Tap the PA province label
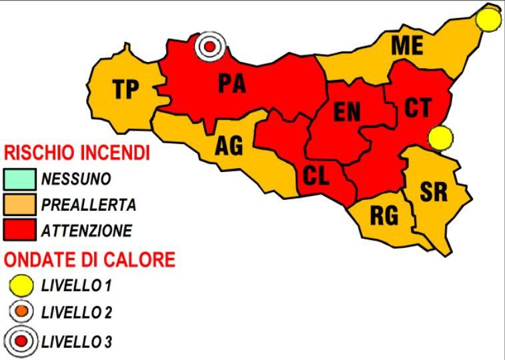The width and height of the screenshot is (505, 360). tap(232, 83)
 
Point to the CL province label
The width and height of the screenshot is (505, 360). tap(316, 176)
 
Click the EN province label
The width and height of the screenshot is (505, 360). tap(347, 112)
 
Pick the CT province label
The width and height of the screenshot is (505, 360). tap(418, 109)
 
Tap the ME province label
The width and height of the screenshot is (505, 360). tap(407, 46)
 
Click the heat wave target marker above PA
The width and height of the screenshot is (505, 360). tap(210, 47)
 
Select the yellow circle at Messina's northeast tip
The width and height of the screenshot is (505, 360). tap(490, 20)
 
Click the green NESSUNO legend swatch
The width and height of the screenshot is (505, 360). tap(19, 179)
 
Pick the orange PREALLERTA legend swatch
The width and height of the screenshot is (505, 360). tap(19, 204)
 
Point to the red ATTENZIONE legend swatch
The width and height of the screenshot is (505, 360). tap(19, 230)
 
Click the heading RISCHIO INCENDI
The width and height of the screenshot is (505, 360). tap(77, 153)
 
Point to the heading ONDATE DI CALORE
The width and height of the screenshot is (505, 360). tap(89, 259)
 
